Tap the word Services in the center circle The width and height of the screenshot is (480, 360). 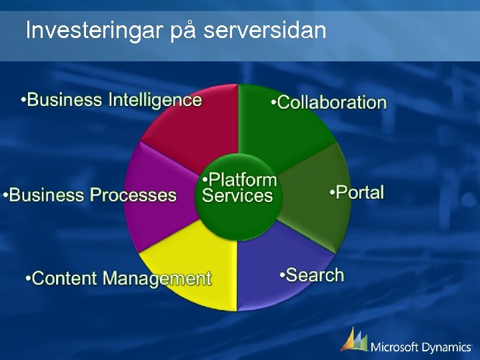[x=237, y=195]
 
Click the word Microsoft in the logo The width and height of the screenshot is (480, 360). [x=397, y=347]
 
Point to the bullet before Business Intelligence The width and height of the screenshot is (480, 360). [x=24, y=101]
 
